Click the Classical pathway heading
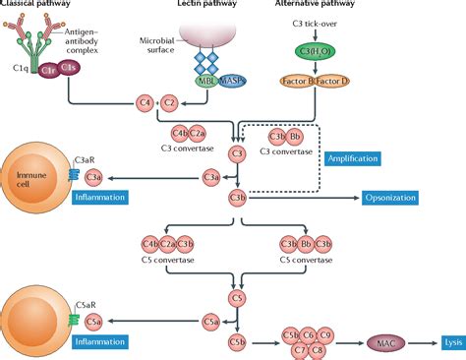pos(34,6)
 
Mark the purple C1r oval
pos(46,70)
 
